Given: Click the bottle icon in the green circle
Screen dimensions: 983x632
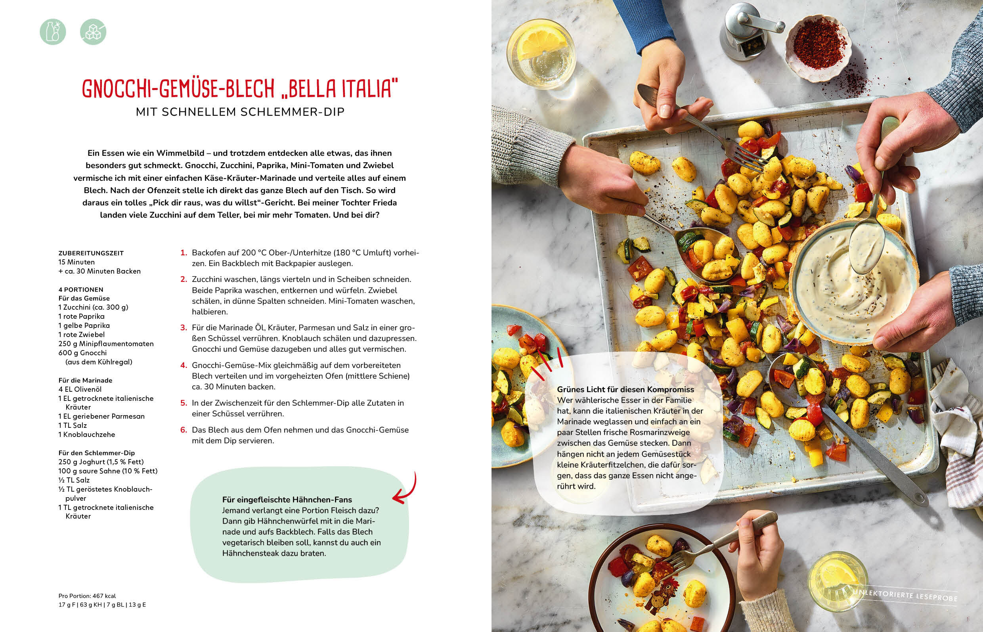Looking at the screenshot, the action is point(53,32).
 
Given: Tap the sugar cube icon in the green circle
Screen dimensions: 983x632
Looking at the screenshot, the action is point(93,32).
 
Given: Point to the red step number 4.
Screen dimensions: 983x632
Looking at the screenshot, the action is point(184,365).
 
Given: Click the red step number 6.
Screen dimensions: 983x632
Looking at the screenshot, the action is point(184,430).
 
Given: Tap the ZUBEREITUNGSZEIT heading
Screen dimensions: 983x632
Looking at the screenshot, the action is point(91,253).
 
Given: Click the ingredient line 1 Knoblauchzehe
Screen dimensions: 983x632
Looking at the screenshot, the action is point(86,435).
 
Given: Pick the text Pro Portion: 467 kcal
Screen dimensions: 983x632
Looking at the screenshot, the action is point(87,596).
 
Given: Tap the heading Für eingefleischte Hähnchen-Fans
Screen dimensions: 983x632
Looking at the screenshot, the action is point(287,500).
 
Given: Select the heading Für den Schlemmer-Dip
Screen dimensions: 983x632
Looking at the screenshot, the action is point(96,453).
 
